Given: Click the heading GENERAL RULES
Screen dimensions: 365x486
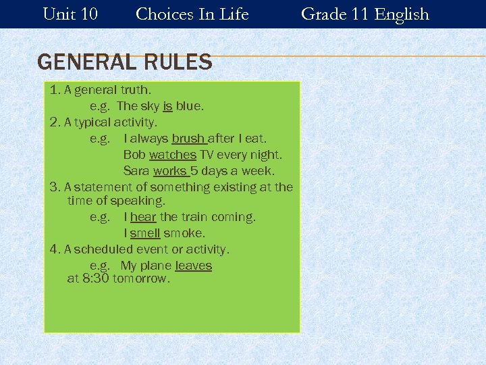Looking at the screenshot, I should coord(125,63).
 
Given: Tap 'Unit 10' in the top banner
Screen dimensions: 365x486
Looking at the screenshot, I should coord(70,14).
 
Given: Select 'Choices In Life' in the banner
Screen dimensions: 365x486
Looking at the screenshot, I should coord(192,14).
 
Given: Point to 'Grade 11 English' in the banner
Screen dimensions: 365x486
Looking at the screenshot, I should coord(364,14).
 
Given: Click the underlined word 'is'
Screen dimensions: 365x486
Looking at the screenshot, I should coord(167,106).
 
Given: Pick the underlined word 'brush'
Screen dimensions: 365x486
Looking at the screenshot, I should coord(188,139).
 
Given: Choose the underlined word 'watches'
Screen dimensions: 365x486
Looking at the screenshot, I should coord(172,155).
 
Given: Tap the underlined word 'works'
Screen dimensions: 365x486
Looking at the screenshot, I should coord(169,171).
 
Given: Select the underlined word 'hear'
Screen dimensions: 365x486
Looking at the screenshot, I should coord(143,217).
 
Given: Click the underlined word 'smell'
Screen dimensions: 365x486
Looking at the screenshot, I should coord(145,233).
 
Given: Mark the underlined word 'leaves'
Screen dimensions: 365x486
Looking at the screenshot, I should coord(193,266).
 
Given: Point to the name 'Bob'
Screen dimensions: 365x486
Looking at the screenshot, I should coord(134,155).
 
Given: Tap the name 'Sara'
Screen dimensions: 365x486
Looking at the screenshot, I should coord(136,171).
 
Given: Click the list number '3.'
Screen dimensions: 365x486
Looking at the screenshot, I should coord(55,187).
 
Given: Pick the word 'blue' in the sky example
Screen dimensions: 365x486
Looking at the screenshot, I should coord(188,106).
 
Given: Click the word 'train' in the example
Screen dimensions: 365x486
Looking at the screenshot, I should coord(196,217).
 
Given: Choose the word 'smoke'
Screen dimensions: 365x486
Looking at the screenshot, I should coord(184,233).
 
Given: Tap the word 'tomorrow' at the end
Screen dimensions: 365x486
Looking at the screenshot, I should coord(141,278).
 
